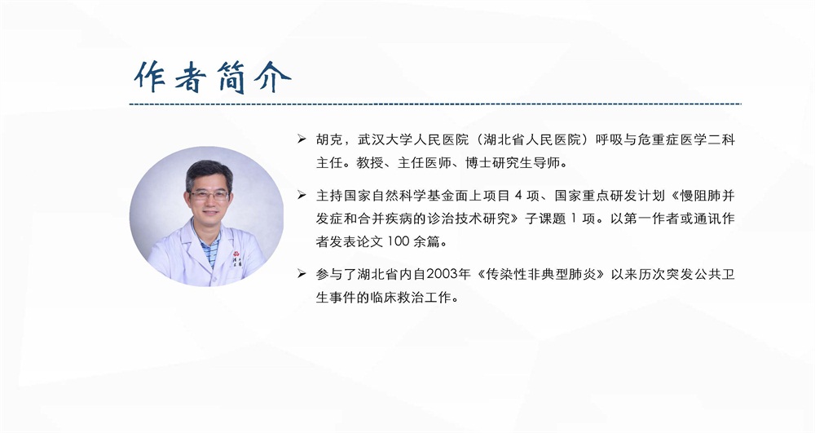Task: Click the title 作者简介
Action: coord(212,77)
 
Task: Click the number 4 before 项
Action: coord(518,196)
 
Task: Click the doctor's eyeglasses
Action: coord(209,196)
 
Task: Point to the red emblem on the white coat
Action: coord(236,254)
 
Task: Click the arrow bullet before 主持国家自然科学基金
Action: coord(302,195)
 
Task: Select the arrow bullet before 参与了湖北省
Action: coord(302,273)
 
